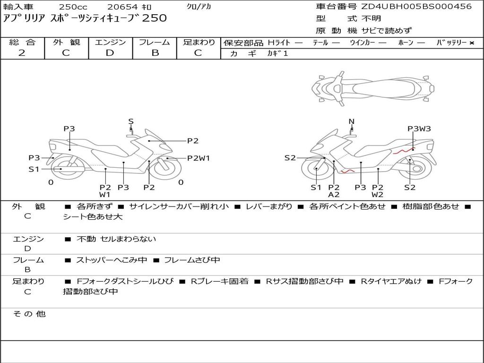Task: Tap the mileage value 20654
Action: (x=122, y=7)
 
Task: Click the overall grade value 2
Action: (x=22, y=53)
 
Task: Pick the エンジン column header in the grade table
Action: (x=110, y=43)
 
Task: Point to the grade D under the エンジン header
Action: (x=110, y=53)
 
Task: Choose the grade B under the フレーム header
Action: (x=155, y=53)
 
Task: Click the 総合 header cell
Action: (x=22, y=43)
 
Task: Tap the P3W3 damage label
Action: (x=419, y=129)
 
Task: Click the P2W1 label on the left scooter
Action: (x=198, y=158)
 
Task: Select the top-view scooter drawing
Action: (x=373, y=87)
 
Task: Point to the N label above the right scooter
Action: (x=351, y=121)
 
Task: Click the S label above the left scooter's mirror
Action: (x=131, y=121)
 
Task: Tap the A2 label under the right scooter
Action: (x=334, y=194)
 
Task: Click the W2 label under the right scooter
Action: (x=377, y=194)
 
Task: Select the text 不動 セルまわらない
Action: (x=116, y=239)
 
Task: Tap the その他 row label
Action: (x=29, y=314)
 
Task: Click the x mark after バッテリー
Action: (x=472, y=43)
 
